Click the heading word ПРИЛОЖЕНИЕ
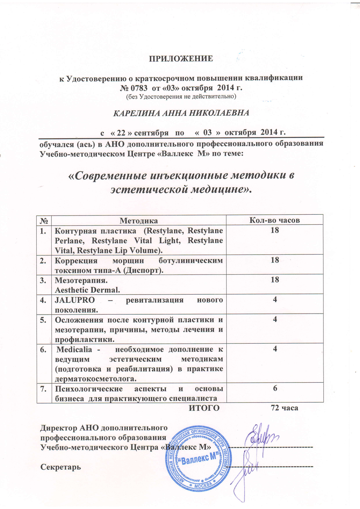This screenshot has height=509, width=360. pyautogui.click(x=180, y=59)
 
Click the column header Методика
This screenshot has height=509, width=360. pyautogui.click(x=139, y=220)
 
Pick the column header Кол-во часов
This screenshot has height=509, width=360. pyautogui.click(x=274, y=220)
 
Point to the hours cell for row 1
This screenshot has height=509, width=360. pyautogui.click(x=275, y=230)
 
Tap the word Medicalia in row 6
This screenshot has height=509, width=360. pyautogui.click(x=74, y=349)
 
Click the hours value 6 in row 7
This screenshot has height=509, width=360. pyautogui.click(x=275, y=388)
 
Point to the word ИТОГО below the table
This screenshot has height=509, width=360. pyautogui.click(x=204, y=408)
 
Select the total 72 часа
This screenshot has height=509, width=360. pyautogui.click(x=284, y=408)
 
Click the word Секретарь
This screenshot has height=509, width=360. pyautogui.click(x=61, y=467)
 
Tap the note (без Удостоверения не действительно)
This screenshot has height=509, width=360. pyautogui.click(x=181, y=97)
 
